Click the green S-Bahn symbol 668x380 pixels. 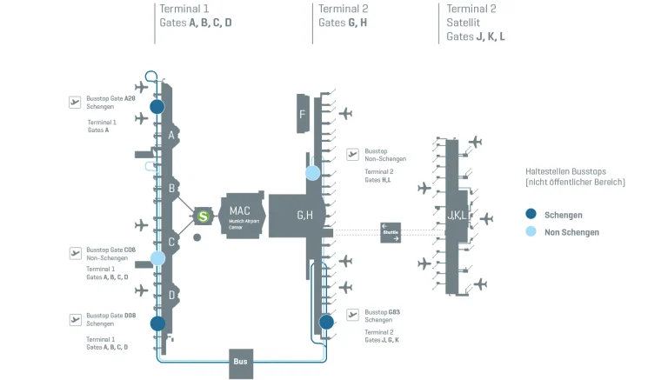click(203, 216)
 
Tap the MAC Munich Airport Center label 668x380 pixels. click(239, 214)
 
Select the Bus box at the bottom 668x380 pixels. click(241, 361)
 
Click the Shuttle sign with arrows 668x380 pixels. click(390, 232)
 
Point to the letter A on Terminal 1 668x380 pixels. click(172, 136)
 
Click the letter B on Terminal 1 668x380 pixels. click(172, 188)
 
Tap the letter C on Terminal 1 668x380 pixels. click(172, 243)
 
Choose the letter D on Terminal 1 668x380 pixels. click(172, 295)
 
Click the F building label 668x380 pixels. click(302, 115)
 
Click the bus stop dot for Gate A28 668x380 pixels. click(157, 106)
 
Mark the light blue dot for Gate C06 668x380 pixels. click(157, 257)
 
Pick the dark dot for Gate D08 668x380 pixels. click(157, 323)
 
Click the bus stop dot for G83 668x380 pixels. click(326, 322)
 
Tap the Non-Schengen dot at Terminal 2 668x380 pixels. click(312, 173)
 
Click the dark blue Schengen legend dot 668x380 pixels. click(531, 214)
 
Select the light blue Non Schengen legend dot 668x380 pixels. click(531, 232)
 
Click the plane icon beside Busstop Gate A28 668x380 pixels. click(76, 103)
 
